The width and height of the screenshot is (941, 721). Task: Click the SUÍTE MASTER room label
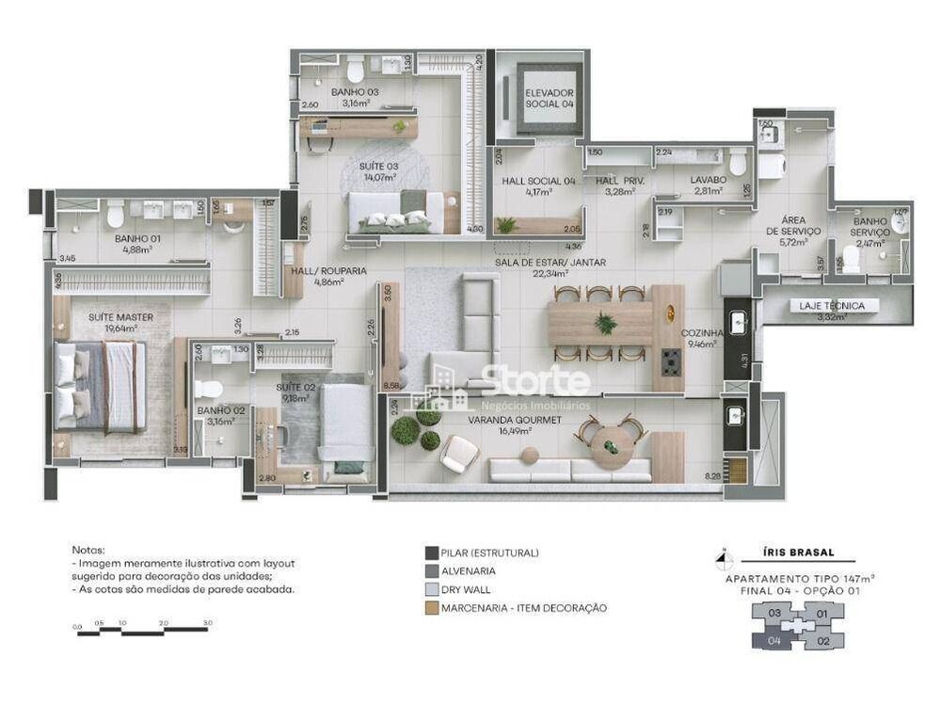120,317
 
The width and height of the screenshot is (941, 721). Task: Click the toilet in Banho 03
356,72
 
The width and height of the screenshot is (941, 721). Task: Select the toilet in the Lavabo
738,163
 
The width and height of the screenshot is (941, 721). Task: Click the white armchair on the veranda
459,456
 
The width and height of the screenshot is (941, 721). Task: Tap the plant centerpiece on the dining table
605,324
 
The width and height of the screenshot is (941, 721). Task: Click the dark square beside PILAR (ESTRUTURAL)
431,553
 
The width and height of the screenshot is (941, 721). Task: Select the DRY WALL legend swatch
431,589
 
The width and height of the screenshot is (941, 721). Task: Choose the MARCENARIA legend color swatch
431,608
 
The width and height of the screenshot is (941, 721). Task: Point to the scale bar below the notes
142,631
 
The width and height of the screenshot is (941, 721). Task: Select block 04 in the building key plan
774,641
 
